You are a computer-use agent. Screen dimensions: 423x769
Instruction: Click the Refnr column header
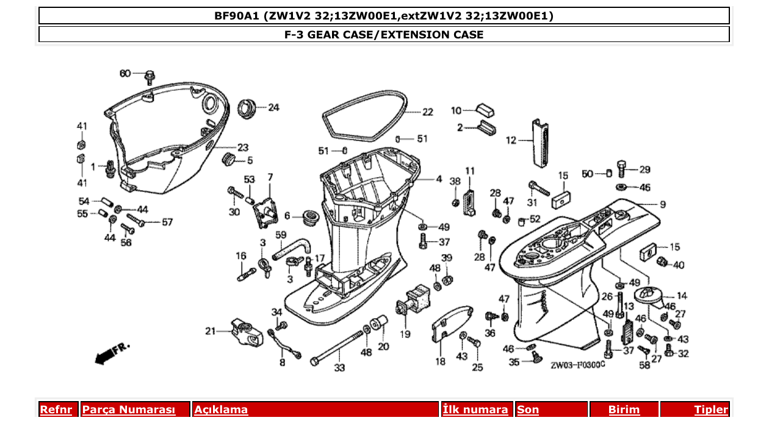(x=56, y=410)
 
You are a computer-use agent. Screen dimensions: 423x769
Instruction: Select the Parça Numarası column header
(x=129, y=410)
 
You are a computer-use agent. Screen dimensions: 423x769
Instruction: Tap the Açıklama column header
(x=221, y=410)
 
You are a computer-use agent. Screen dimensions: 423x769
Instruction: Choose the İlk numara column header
(x=475, y=410)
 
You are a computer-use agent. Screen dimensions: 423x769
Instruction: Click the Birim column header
(x=624, y=410)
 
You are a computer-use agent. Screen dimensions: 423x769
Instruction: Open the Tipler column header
(x=710, y=410)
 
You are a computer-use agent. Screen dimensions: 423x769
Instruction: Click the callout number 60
(x=125, y=74)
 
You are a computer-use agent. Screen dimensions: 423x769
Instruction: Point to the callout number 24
(x=273, y=108)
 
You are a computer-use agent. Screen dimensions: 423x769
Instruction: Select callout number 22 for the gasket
(x=427, y=112)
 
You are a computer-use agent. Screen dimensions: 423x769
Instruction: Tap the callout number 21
(x=211, y=331)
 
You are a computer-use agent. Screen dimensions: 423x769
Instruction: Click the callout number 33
(x=339, y=368)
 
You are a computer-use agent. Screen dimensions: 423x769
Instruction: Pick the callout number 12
(x=511, y=140)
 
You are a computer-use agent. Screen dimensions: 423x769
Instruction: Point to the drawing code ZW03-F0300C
(x=577, y=366)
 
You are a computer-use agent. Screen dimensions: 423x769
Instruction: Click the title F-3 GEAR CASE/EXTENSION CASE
(x=384, y=35)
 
